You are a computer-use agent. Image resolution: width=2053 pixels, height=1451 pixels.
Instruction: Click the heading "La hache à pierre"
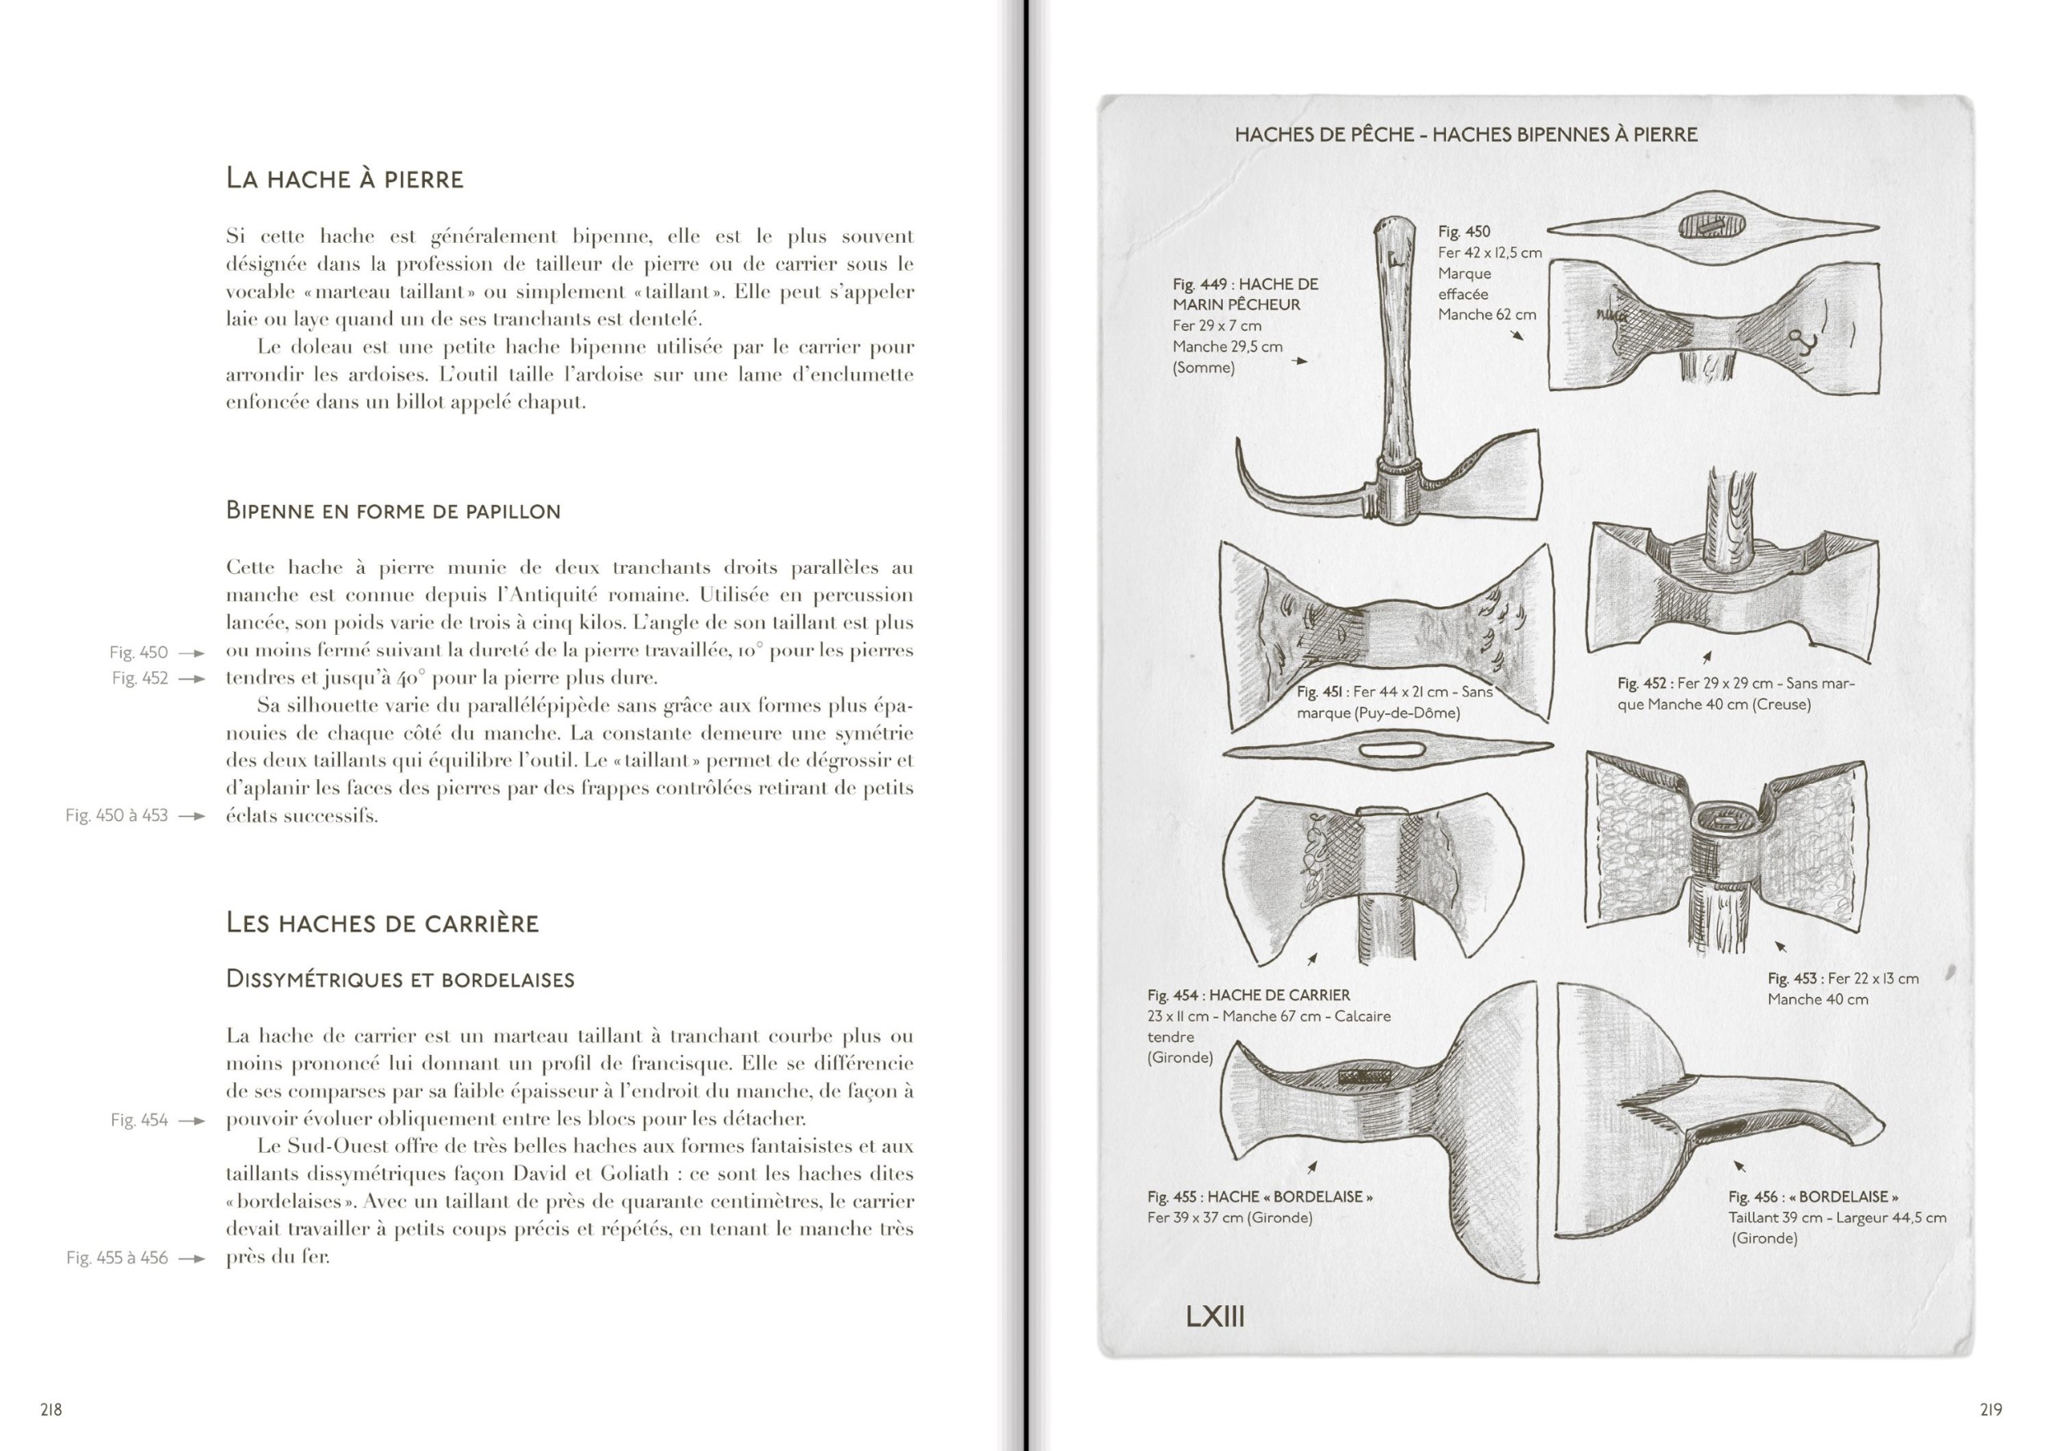coord(344,179)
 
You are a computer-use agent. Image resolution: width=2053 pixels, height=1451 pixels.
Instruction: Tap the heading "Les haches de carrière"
coord(382,923)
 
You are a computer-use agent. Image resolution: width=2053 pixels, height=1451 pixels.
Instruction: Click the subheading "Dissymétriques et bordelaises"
coord(399,979)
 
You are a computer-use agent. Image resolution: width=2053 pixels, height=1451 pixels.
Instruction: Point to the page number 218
coord(51,1410)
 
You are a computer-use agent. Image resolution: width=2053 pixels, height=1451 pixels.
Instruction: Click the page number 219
coord(1990,1410)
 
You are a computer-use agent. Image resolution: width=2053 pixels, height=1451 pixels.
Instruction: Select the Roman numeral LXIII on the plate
coord(1214,1317)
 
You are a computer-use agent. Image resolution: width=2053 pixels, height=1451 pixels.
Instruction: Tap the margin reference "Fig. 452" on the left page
coord(140,678)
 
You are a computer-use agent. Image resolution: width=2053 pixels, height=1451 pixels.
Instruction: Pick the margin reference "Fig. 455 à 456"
coord(117,1258)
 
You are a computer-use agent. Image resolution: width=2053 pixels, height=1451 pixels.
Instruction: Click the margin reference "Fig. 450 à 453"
coord(116,815)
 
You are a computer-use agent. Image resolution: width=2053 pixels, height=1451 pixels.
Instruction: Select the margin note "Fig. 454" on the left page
coord(140,1120)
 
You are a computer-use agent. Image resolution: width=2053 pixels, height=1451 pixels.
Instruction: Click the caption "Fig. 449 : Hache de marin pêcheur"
coord(1245,294)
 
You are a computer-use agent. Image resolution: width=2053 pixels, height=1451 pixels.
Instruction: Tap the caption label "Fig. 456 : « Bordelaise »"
coord(1813,1196)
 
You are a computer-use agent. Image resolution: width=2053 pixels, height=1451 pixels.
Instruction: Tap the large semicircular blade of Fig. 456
coord(1601,1109)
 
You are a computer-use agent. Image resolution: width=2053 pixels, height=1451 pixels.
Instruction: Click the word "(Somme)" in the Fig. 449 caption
coord(1204,367)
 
